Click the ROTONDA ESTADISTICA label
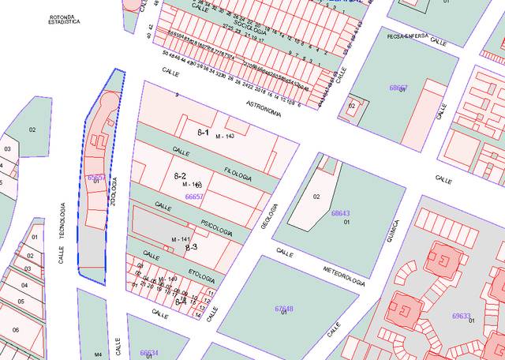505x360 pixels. pos(65,19)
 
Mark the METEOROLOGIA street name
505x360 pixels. pos(343,277)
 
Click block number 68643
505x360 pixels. pos(340,213)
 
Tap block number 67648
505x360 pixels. pos(284,308)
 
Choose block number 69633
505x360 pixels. pos(461,315)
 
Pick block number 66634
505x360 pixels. pos(149,353)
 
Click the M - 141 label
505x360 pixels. pos(181,239)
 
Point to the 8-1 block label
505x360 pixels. pos(203,132)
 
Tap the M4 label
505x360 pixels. pos(98,354)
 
